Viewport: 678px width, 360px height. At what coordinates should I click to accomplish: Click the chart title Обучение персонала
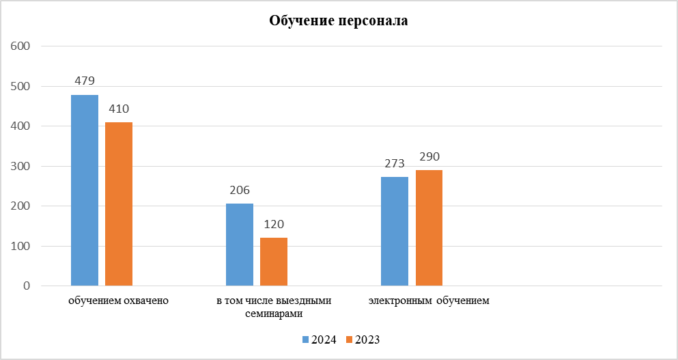pos(339,20)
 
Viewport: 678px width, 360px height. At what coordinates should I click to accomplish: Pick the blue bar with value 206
pos(240,245)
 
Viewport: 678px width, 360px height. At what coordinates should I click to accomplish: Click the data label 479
pos(85,81)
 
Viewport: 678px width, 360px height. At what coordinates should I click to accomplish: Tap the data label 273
pos(395,164)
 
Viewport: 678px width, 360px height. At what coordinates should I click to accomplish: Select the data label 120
pos(274,224)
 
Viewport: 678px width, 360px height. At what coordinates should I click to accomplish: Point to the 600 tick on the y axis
pos(22,46)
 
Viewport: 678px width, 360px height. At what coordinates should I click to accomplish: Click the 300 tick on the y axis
pos(22,166)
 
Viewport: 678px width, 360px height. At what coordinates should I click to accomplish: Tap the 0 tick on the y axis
pos(26,286)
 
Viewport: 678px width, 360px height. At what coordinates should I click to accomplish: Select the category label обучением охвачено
pos(119,301)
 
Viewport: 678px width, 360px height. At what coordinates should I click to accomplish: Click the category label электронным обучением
pos(429,301)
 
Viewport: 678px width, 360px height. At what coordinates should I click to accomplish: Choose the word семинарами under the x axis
pos(274,314)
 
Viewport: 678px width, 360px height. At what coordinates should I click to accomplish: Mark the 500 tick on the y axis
pos(22,87)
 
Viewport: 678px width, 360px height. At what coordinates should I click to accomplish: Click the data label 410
pos(119,109)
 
